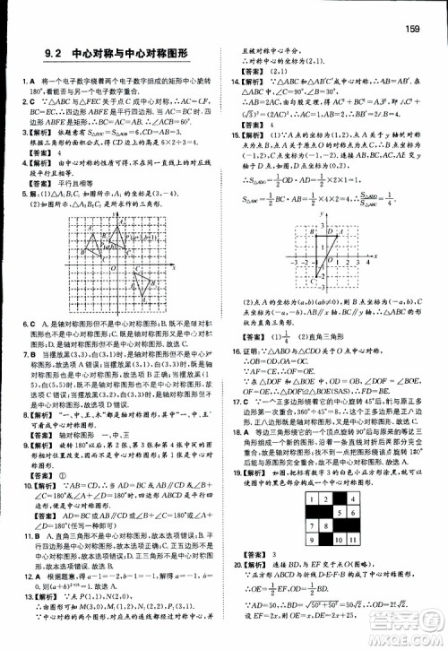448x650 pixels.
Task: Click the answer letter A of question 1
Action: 36,83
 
